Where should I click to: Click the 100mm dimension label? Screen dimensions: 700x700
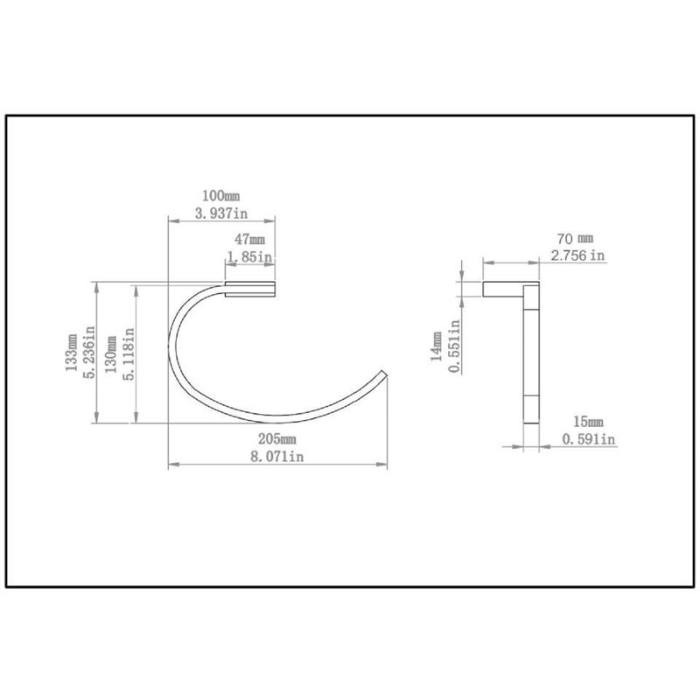click(x=221, y=195)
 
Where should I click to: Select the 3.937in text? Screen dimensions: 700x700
click(x=221, y=213)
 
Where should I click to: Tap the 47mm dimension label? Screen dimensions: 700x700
click(x=249, y=239)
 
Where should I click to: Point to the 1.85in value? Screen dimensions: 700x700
click(x=249, y=256)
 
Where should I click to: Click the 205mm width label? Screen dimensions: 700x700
click(x=276, y=439)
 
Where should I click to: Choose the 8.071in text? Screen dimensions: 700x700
click(x=276, y=457)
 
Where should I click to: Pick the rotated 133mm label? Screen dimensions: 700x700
click(x=72, y=353)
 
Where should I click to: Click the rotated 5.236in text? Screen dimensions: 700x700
click(x=89, y=353)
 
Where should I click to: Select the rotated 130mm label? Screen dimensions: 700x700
click(x=111, y=354)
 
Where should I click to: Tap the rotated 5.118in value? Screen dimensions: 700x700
click(x=129, y=354)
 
